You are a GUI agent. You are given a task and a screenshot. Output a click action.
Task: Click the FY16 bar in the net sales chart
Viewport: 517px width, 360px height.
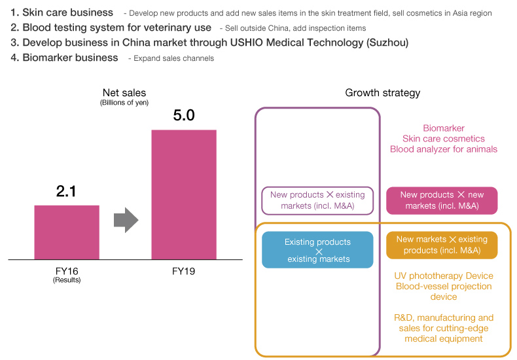pos(67,232)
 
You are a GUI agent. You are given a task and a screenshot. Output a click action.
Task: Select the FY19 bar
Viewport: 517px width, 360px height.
pos(184,194)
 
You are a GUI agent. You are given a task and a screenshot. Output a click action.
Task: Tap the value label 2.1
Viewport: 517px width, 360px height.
pos(67,191)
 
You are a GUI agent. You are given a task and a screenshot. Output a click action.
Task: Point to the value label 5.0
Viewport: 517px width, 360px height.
pos(184,116)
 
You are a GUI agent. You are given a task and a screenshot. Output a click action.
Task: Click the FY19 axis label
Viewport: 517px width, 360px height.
pos(184,270)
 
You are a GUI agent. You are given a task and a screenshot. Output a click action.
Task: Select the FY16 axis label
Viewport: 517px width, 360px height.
pos(67,270)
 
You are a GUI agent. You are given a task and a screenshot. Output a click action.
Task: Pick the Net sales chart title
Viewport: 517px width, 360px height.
pos(124,93)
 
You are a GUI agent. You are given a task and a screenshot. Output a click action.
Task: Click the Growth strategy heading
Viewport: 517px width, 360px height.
pos(383,93)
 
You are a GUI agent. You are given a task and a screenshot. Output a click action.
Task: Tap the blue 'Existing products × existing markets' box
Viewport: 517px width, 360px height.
pos(317,250)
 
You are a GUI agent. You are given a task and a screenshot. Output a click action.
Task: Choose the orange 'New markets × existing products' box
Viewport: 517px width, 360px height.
pos(442,245)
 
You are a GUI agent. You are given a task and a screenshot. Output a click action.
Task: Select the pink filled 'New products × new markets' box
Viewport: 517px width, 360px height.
pos(442,200)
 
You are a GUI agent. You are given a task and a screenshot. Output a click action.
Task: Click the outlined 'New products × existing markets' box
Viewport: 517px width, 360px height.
pos(317,200)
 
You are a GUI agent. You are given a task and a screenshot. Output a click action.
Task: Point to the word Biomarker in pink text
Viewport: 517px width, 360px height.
pos(444,128)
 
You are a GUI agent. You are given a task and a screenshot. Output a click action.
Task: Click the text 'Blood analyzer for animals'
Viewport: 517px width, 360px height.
pos(444,149)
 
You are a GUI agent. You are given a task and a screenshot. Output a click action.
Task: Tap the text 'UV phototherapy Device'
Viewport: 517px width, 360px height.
pos(444,276)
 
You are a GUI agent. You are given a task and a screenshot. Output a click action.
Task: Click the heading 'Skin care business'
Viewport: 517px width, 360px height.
pos(67,12)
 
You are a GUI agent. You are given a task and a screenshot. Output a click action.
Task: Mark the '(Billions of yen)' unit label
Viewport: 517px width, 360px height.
pos(124,103)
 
